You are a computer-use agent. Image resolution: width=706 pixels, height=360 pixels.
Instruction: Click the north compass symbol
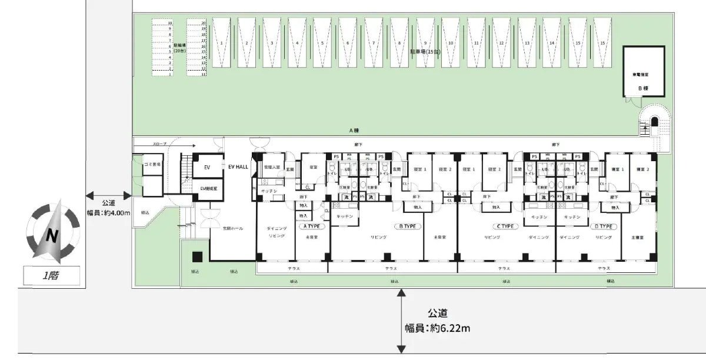click(x=52, y=234)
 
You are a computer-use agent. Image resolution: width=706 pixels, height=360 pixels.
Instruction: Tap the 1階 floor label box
click(x=52, y=274)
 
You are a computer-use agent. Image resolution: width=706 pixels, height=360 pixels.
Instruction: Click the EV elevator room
click(x=207, y=167)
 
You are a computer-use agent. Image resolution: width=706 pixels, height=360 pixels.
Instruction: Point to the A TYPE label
click(x=312, y=226)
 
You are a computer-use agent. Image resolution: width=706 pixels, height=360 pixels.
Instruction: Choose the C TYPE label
click(x=504, y=226)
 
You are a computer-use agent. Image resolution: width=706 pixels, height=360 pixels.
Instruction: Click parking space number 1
click(x=221, y=44)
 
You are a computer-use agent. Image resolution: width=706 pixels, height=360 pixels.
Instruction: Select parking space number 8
click(x=399, y=44)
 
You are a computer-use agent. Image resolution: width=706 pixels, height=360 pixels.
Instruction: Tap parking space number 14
click(x=552, y=44)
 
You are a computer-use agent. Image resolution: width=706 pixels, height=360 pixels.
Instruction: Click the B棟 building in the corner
click(x=643, y=73)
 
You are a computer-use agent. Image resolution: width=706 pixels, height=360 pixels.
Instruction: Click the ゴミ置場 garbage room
click(x=152, y=164)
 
